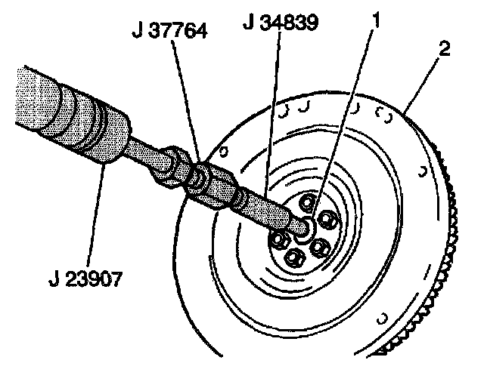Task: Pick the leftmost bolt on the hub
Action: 278,240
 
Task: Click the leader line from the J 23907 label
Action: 96,211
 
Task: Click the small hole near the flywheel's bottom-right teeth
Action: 382,315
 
